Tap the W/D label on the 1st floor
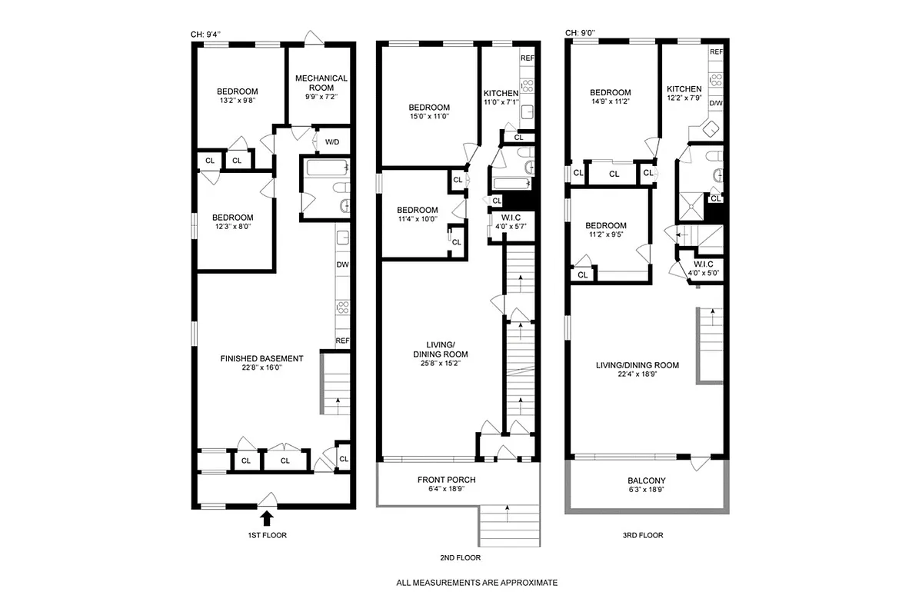tap(332, 142)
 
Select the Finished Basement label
tap(261, 358)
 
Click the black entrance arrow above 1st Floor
tap(267, 519)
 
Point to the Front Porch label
tap(457, 480)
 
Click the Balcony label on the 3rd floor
tap(646, 481)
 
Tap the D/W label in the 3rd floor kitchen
tap(715, 103)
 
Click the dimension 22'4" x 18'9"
tap(637, 376)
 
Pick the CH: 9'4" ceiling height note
tap(208, 34)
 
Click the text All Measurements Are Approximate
tap(476, 583)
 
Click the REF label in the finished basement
tap(342, 341)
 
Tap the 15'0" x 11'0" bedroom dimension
tap(429, 117)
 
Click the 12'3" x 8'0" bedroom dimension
tap(233, 227)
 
